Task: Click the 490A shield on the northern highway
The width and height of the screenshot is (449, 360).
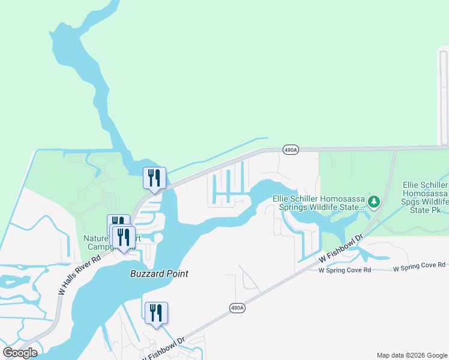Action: (290, 150)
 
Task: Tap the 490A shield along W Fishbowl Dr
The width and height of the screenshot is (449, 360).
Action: (237, 308)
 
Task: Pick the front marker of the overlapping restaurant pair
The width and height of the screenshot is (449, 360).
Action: (124, 238)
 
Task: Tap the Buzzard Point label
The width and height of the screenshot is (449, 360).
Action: (160, 274)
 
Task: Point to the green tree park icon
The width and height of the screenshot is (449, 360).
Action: (375, 201)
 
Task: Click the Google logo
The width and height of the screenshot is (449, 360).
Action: (20, 352)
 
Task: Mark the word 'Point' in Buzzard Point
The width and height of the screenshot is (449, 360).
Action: (177, 274)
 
